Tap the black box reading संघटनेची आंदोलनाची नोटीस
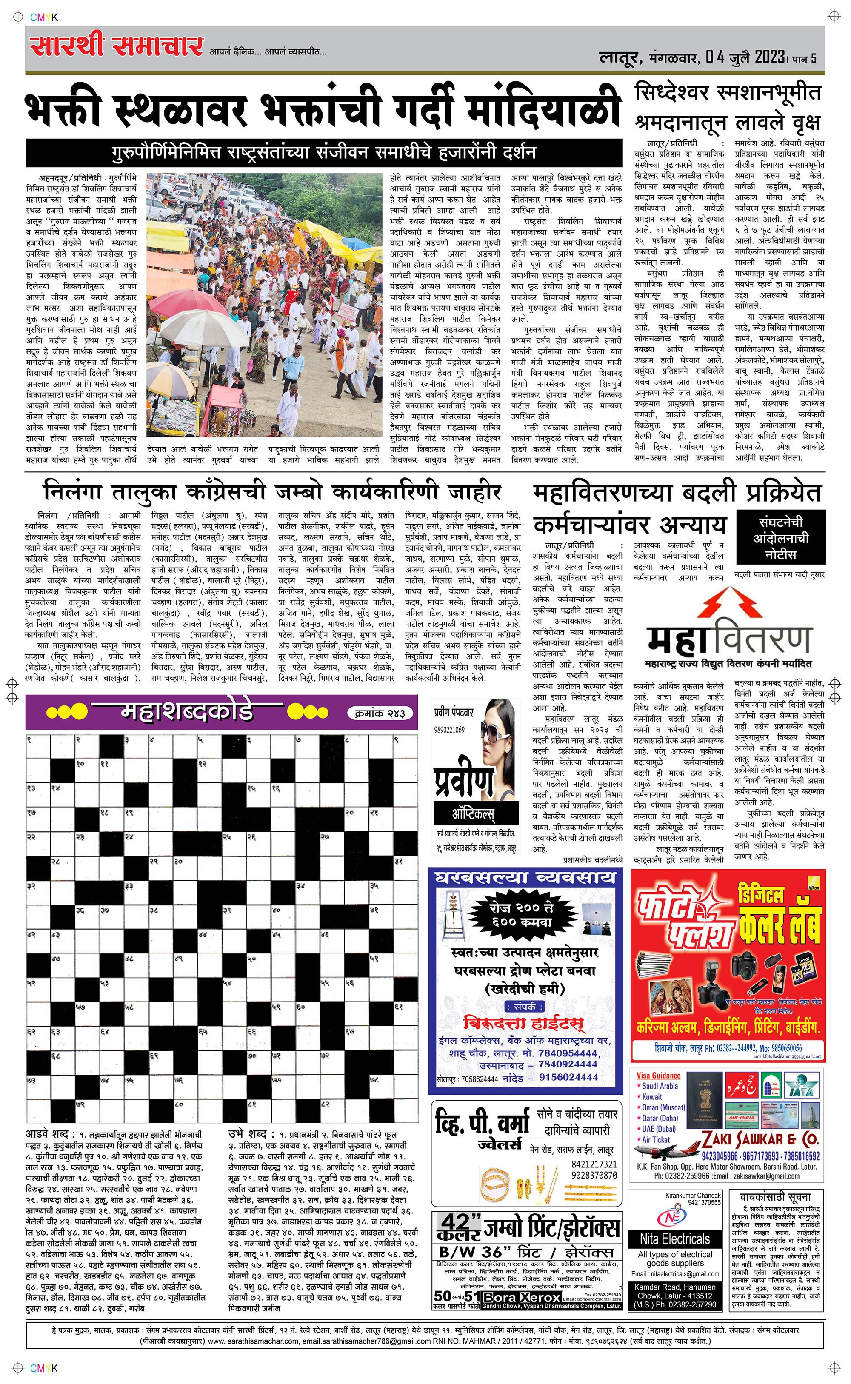780,537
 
